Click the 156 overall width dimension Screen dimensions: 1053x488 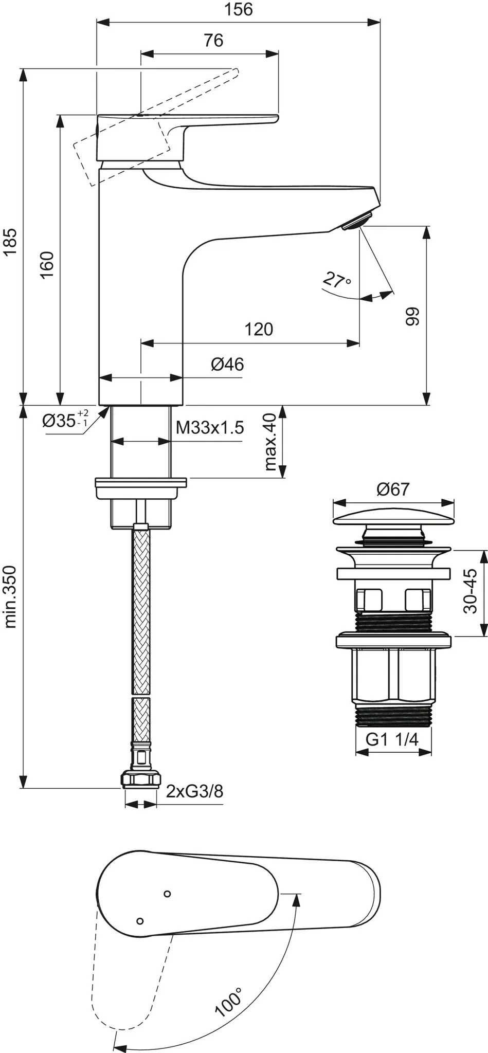239,9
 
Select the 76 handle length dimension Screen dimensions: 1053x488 213,40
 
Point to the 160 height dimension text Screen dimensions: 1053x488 47,265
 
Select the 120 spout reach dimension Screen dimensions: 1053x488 258,329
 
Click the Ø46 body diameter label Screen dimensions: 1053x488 227,365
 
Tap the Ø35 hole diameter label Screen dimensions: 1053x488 64,420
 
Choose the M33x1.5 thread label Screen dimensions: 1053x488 209,427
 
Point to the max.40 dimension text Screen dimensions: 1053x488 270,442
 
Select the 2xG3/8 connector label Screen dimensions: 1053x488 194,791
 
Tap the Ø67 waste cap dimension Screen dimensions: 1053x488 393,489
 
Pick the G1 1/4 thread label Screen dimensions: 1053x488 392,739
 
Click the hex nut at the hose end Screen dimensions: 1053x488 139,779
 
